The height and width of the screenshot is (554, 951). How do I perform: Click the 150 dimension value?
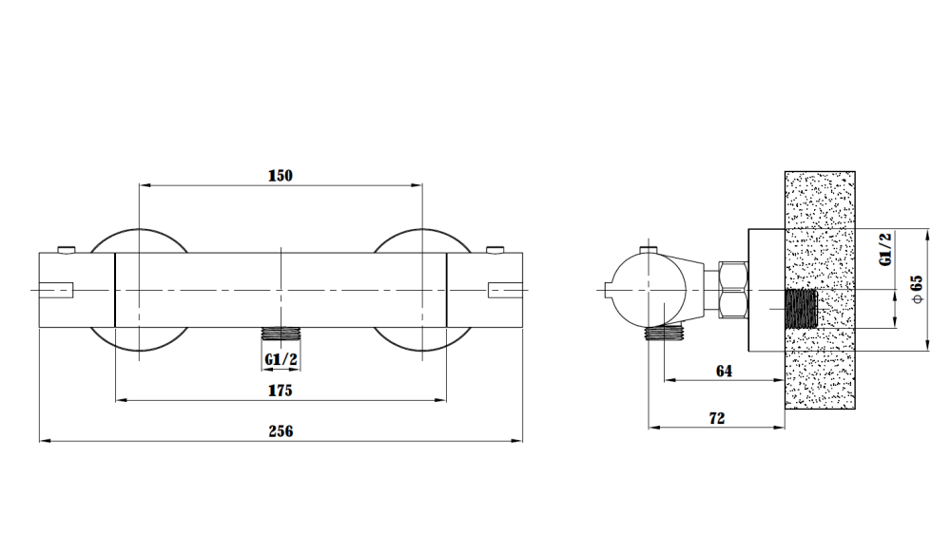pos(281,176)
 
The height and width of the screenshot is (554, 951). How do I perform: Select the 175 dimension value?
pos(281,391)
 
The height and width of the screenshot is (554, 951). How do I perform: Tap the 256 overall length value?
pos(281,431)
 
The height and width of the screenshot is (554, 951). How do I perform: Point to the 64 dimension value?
pos(724,371)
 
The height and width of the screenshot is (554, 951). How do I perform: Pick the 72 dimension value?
pos(716,418)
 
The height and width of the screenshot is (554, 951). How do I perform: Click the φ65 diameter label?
pos(917,289)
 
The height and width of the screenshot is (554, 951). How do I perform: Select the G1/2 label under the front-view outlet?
pos(281,359)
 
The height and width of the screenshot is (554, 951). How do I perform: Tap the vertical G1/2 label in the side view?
pos(885,249)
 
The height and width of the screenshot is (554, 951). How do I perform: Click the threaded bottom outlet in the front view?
pos(281,334)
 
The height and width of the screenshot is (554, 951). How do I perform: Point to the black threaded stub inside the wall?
pos(801,309)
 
